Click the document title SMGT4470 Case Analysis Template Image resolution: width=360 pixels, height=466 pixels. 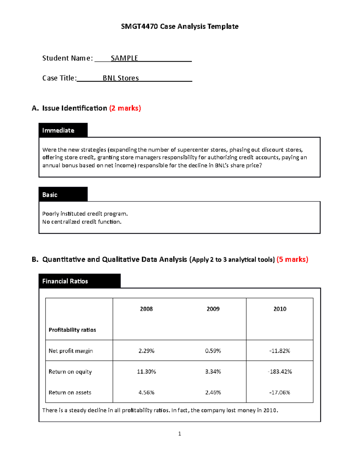pos(180,26)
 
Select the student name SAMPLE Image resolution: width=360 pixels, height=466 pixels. pos(124,58)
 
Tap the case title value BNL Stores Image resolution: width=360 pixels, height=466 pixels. pos(121,78)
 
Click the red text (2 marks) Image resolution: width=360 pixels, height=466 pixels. pos(125,108)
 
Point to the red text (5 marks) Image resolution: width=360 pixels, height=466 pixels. pos(292,260)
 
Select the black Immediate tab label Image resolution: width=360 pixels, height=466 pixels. pos(58,131)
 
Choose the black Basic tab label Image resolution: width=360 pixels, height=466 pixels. pos(50,195)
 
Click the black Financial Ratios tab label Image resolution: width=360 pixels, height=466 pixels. pos(65,281)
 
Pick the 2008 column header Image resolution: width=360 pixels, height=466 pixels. pos(146,309)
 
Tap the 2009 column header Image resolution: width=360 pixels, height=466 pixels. pos(213,309)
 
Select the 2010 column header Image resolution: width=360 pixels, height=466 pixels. pos(280,309)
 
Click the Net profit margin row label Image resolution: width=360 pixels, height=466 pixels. pos(71,351)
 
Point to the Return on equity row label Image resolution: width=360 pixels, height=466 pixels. pos(70,372)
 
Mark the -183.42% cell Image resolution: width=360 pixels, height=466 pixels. pos(280,372)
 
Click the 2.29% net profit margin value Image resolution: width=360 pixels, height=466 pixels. pos(146,351)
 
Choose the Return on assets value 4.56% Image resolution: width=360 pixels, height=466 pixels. pos(146,392)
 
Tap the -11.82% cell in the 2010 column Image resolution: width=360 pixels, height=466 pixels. pos(280,351)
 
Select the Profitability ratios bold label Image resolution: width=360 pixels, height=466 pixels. pos(72,330)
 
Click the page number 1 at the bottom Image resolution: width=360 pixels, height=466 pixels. pos(179,434)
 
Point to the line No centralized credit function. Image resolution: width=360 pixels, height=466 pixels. pos(82,222)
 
